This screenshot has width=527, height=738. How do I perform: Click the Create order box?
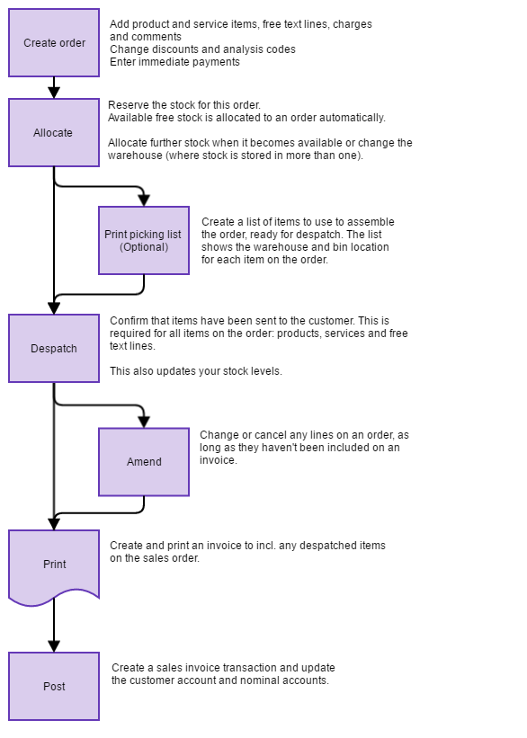click(54, 43)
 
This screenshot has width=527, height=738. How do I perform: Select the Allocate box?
click(54, 133)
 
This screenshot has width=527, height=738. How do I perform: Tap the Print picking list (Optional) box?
click(144, 240)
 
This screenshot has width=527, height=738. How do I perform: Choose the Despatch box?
click(54, 349)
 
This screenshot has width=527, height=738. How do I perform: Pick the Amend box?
click(144, 462)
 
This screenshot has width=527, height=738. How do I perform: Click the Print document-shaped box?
click(54, 565)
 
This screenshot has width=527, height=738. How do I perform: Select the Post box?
click(54, 687)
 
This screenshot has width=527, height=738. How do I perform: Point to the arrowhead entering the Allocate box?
click(54, 92)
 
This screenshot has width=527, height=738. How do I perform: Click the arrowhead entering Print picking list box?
click(144, 200)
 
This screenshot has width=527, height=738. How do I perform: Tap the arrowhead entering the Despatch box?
click(54, 307)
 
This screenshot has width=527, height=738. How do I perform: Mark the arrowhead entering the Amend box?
click(144, 421)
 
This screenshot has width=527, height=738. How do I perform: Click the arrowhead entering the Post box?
click(54, 645)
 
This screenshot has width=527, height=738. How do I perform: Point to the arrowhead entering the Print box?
click(54, 523)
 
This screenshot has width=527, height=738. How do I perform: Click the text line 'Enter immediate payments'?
click(174, 62)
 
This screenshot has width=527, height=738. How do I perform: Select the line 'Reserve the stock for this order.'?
click(184, 105)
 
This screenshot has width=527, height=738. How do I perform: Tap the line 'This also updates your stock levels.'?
click(196, 371)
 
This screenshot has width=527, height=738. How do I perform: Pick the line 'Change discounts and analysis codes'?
click(202, 49)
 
